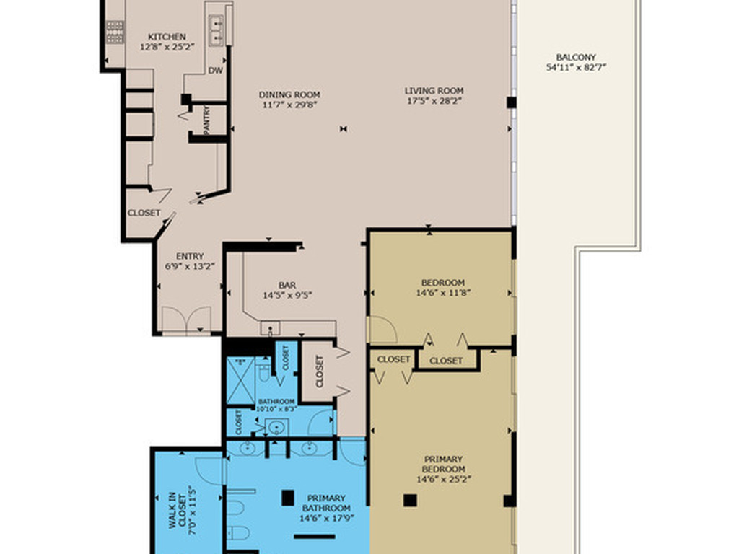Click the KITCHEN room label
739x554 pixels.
(x=167, y=37)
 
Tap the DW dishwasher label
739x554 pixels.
(x=215, y=71)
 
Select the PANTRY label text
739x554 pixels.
(x=206, y=120)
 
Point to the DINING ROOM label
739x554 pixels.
(x=289, y=94)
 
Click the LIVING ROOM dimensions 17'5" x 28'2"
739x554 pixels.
(x=434, y=100)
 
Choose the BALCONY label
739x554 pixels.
(x=576, y=58)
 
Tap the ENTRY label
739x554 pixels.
(x=190, y=256)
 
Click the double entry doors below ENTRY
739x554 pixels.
(x=187, y=320)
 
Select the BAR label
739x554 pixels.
(x=287, y=285)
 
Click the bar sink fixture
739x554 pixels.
(x=271, y=328)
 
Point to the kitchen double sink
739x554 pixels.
(x=217, y=30)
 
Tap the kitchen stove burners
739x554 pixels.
(x=115, y=32)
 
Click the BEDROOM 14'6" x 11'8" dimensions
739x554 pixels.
(x=444, y=293)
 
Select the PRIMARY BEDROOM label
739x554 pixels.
(x=444, y=464)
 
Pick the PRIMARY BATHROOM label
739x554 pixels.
(x=326, y=503)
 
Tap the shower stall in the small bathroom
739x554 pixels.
(x=240, y=381)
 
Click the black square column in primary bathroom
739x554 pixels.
(x=288, y=498)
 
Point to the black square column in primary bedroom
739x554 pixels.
(x=410, y=501)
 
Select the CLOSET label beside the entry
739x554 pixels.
(x=144, y=213)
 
